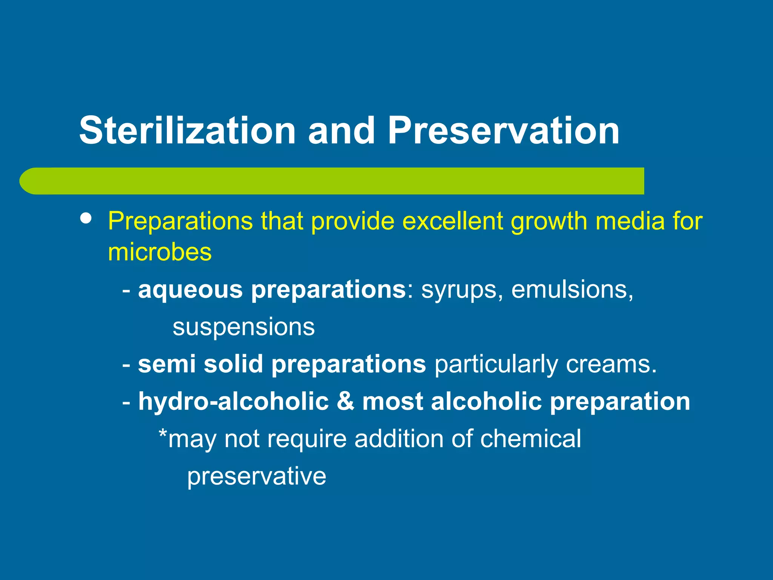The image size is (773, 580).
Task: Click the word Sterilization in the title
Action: pos(187,130)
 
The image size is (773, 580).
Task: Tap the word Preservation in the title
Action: pos(504,130)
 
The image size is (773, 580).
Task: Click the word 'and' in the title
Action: pos(341,130)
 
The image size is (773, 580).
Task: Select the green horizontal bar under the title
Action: pos(332,181)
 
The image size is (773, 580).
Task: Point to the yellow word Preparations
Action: pos(180,221)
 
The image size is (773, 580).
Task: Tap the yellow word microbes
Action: pos(160,252)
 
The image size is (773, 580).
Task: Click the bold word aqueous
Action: pos(190,290)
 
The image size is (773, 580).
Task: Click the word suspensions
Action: pos(243,327)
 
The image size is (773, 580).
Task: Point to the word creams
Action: pos(611,364)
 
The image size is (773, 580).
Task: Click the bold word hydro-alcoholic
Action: pos(233,401)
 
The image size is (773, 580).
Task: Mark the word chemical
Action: pos(530,439)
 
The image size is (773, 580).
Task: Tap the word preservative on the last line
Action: pos(257,477)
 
